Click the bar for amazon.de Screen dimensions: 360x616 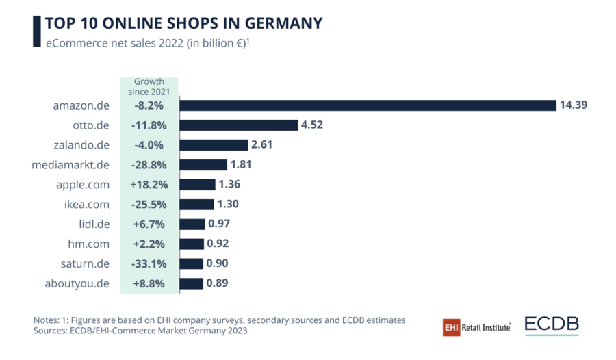(x=367, y=105)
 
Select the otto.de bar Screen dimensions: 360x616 (x=239, y=125)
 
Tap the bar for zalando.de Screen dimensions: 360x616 (x=214, y=145)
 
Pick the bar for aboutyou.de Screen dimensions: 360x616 (x=192, y=283)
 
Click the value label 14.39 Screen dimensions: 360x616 (x=574, y=105)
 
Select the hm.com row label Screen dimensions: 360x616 (x=87, y=244)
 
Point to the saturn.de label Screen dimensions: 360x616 (x=83, y=263)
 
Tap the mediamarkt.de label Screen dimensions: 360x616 (x=71, y=165)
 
